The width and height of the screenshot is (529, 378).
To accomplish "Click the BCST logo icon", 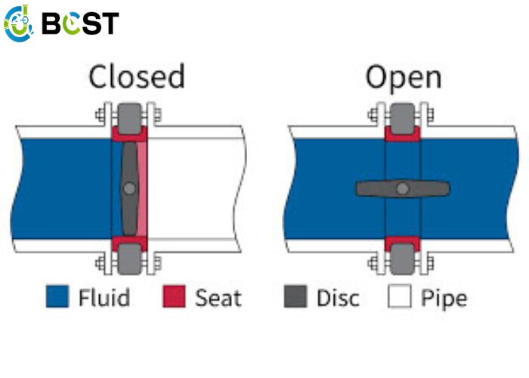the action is pos(19,23).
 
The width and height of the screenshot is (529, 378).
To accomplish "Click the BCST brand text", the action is pos(80,23).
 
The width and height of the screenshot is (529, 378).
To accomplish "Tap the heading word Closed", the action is pos(137,76).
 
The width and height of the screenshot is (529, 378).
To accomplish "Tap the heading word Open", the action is pos(404,79).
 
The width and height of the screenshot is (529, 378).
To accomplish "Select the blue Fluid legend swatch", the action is pos(57,296).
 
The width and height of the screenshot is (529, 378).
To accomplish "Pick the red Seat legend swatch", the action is pos(174,296).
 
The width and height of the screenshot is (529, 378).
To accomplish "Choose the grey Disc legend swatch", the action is pos(295,296).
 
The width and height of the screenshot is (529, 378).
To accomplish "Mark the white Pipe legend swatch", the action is pos(400,296).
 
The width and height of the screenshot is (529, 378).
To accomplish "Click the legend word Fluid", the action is pos(104,297).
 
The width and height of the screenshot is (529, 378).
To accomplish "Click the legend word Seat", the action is pos(218,298).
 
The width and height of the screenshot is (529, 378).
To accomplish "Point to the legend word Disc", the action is pos(338,298).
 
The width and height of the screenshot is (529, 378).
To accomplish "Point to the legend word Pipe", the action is pos(444,299).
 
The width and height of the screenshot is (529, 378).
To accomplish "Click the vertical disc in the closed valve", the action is pos(129,188).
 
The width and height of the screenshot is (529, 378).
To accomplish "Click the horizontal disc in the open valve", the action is pos(403,189).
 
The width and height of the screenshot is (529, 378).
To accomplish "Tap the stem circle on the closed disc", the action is pos(129,188).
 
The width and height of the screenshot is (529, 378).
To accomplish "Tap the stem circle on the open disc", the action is pos(403,189).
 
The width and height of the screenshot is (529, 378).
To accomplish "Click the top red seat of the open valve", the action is pos(403,134).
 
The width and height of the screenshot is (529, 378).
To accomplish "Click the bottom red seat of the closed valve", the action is pos(129,243).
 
